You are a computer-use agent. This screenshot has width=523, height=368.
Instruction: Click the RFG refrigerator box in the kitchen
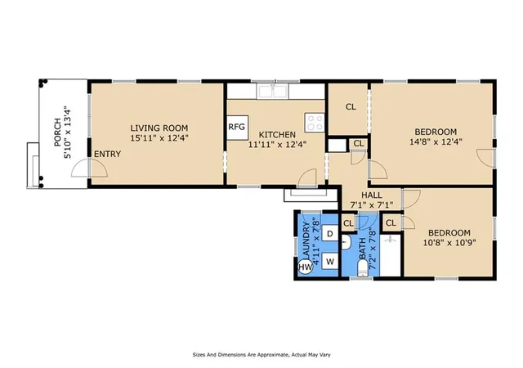point(238,128)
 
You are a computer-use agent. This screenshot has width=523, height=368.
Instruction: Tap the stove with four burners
point(315,122)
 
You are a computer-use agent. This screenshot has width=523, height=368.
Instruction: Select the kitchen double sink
point(272,91)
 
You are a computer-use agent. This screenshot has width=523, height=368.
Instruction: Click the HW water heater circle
point(305,267)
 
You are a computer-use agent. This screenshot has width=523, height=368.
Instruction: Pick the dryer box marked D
point(330,234)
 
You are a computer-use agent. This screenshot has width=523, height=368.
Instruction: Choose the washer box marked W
point(330,262)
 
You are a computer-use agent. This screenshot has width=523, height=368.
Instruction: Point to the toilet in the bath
point(363,268)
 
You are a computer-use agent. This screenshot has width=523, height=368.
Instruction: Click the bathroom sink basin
point(346,242)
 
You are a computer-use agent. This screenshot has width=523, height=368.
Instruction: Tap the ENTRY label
point(107,154)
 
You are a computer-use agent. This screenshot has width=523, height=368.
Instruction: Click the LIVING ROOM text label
point(159,128)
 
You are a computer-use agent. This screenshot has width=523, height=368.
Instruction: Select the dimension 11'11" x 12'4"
point(278,144)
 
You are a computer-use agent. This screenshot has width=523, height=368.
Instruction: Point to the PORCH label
point(57,132)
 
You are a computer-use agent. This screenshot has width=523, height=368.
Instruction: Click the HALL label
point(372,195)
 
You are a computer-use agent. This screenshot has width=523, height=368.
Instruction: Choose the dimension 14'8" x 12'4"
point(436,141)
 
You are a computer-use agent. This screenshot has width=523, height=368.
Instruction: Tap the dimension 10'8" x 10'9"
point(449,242)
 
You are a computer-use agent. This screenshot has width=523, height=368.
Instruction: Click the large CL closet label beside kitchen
point(351,107)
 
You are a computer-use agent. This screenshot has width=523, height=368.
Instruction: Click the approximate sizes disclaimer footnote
point(261,355)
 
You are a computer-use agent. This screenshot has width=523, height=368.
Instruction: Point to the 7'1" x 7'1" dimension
point(372,204)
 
